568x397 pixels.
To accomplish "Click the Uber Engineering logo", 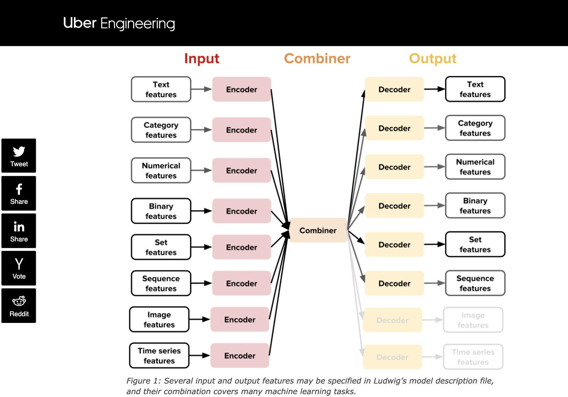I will (119, 23).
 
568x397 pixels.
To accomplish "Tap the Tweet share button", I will (19, 156).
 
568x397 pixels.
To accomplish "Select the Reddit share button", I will (19, 306).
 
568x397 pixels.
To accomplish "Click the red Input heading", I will (201, 58).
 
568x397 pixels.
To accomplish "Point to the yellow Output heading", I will (432, 58).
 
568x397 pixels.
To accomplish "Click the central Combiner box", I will (318, 230).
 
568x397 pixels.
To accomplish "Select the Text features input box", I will (161, 89).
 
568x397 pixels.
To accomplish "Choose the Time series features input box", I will (159, 356).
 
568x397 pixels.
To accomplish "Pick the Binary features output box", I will (475, 206).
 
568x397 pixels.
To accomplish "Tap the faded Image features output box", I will (473, 320).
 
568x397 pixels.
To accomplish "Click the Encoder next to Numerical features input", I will (242, 170).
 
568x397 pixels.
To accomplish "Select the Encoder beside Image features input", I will (240, 319).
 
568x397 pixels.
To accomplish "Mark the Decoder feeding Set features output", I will (394, 245).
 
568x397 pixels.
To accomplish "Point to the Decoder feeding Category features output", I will (394, 128).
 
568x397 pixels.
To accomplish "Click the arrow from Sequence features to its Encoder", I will (201, 283).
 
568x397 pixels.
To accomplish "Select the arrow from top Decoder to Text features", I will (434, 89).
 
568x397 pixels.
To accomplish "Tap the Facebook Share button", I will (19, 193).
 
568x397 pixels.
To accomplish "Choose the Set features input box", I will (161, 247).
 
